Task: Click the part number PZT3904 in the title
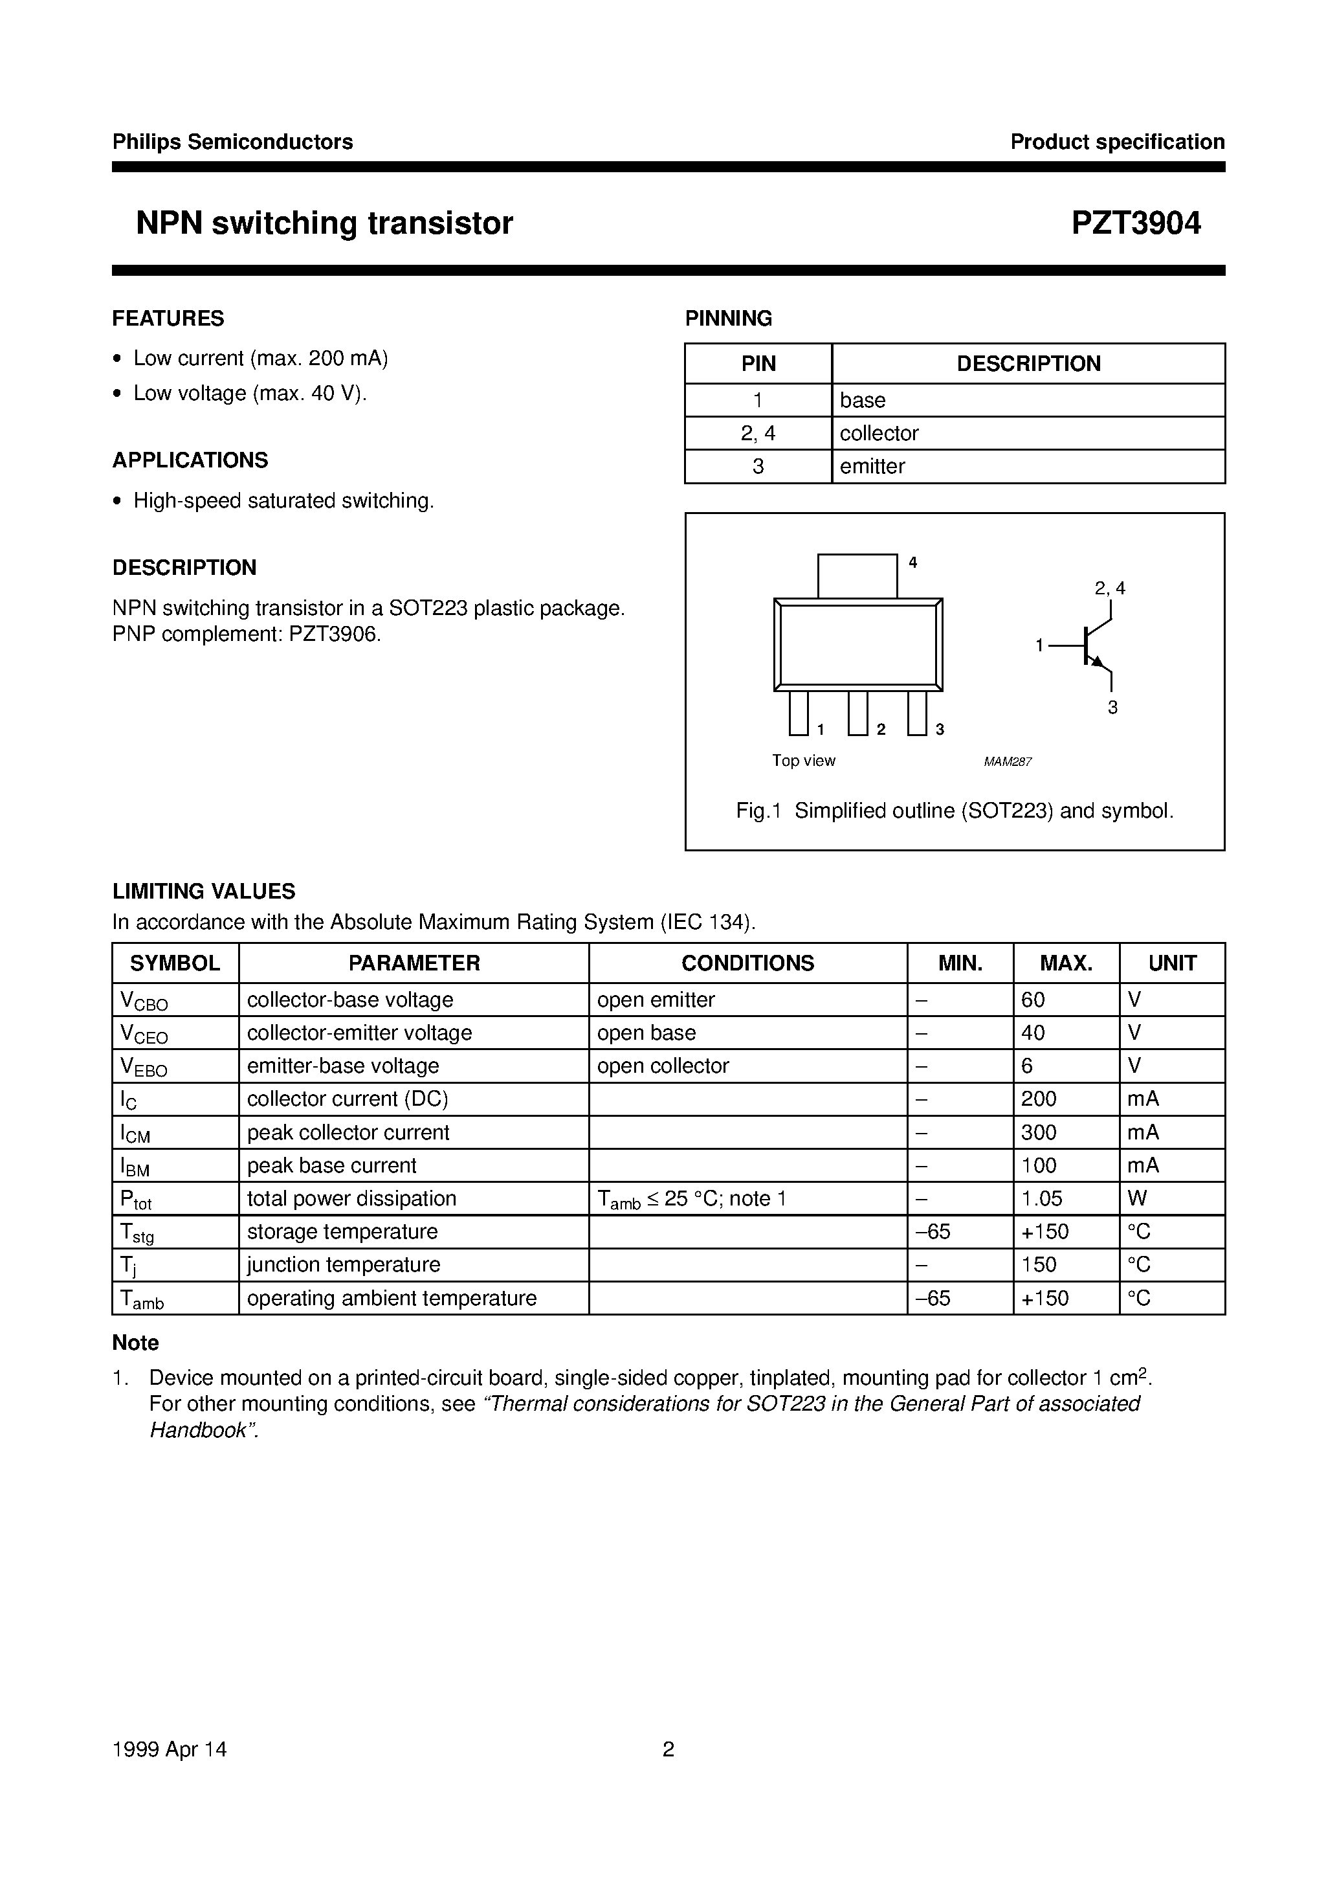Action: [x=1135, y=223]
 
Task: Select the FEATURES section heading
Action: [x=168, y=319]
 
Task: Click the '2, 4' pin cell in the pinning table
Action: [x=758, y=433]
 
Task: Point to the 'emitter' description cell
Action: [x=872, y=466]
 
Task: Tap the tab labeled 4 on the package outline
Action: [x=857, y=576]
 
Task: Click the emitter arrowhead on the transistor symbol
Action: [x=1097, y=661]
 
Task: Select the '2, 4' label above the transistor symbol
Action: [x=1109, y=588]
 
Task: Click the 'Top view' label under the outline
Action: [x=803, y=760]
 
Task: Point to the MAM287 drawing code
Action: [x=1008, y=762]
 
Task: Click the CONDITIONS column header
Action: [x=747, y=963]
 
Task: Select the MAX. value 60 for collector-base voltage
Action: [x=1033, y=1000]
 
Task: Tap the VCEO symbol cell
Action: [x=144, y=1034]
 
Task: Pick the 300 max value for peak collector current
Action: [x=1039, y=1132]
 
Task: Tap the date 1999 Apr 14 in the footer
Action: [x=169, y=1749]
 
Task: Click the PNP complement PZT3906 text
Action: [x=247, y=635]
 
